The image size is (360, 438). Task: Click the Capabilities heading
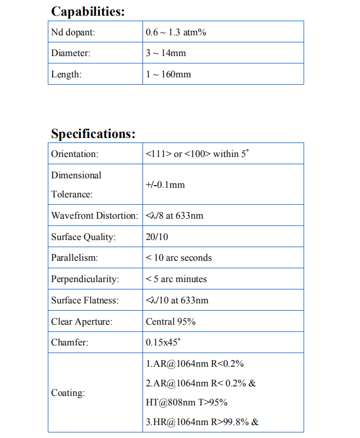click(88, 11)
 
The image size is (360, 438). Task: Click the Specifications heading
click(93, 134)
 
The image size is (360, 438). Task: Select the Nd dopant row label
click(73, 32)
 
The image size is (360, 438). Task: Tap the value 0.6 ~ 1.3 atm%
click(176, 32)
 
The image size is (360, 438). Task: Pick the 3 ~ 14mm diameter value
click(165, 53)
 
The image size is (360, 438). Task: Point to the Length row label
click(66, 74)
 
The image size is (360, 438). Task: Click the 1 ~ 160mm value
click(168, 74)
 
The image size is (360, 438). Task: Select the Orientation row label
click(75, 154)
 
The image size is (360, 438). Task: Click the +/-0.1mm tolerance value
click(165, 185)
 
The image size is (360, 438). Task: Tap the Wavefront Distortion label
click(94, 215)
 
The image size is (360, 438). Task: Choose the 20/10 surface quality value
click(156, 237)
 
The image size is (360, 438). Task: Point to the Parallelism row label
click(74, 258)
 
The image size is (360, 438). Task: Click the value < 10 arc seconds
click(178, 258)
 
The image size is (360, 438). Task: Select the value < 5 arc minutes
click(176, 279)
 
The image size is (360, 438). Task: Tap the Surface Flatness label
click(85, 300)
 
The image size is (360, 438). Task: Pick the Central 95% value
click(170, 321)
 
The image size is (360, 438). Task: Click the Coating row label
click(68, 393)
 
